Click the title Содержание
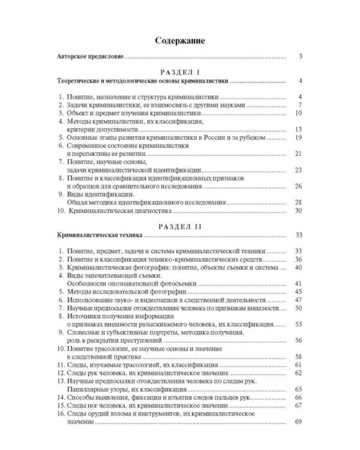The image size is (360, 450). pyautogui.click(x=180, y=41)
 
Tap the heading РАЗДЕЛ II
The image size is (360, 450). pyautogui.click(x=179, y=227)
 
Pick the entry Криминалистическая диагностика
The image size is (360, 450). pyautogui.click(x=121, y=211)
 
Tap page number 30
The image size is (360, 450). pyautogui.click(x=298, y=211)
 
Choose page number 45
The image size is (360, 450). pyautogui.click(x=298, y=291)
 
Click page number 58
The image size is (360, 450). pyautogui.click(x=298, y=356)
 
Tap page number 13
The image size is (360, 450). pyautogui.click(x=298, y=129)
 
